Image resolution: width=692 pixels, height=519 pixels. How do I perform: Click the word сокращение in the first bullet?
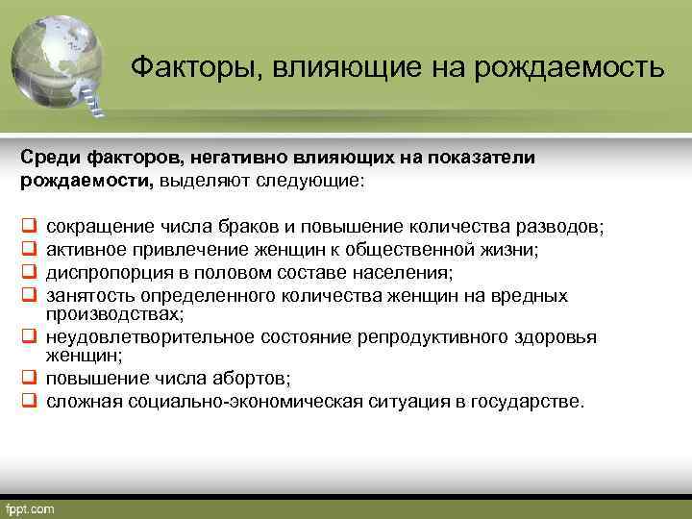(x=92, y=227)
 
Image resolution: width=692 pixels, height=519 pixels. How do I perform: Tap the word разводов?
(x=557, y=227)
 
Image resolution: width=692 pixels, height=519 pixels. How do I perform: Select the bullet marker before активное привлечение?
(x=29, y=250)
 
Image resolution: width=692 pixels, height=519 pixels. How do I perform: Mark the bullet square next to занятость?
(x=29, y=295)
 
